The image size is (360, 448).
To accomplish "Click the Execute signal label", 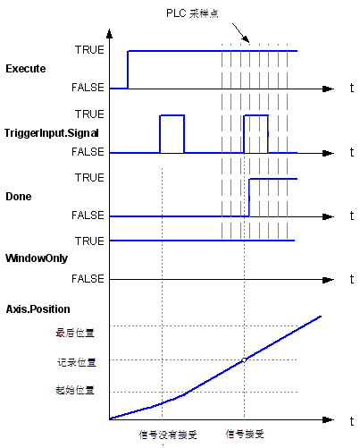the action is pyautogui.click(x=26, y=69).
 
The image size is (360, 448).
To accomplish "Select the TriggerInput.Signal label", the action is pyautogui.click(x=51, y=133).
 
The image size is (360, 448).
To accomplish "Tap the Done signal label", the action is pyautogui.click(x=19, y=197).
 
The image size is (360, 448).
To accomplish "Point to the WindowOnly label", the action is pyautogui.click(x=37, y=258).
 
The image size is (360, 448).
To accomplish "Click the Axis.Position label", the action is pyautogui.click(x=38, y=309).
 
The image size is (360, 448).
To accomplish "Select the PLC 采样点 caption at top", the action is pyautogui.click(x=192, y=13).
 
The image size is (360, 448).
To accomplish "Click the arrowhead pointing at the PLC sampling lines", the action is pyautogui.click(x=247, y=39).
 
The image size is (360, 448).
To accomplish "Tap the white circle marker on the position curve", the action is pyautogui.click(x=244, y=360).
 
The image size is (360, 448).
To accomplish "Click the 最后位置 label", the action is pyautogui.click(x=75, y=333).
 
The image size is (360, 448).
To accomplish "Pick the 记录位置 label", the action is pyautogui.click(x=77, y=362).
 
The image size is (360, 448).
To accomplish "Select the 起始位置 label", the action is pyautogui.click(x=75, y=390).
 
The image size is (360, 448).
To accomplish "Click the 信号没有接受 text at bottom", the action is pyautogui.click(x=168, y=435).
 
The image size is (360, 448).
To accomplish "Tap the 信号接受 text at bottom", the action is pyautogui.click(x=245, y=434).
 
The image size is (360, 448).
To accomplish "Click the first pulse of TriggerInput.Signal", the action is pyautogui.click(x=172, y=115).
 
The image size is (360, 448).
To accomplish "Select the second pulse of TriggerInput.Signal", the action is pyautogui.click(x=256, y=115).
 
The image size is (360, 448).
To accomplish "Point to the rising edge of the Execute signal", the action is pyautogui.click(x=128, y=70).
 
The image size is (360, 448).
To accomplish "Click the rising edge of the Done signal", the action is pyautogui.click(x=249, y=198).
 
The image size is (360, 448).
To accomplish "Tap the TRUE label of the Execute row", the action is pyautogui.click(x=89, y=50).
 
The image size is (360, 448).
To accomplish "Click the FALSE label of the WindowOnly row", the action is pyautogui.click(x=88, y=279).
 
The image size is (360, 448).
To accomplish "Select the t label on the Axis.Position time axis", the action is pyautogui.click(x=352, y=421).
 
